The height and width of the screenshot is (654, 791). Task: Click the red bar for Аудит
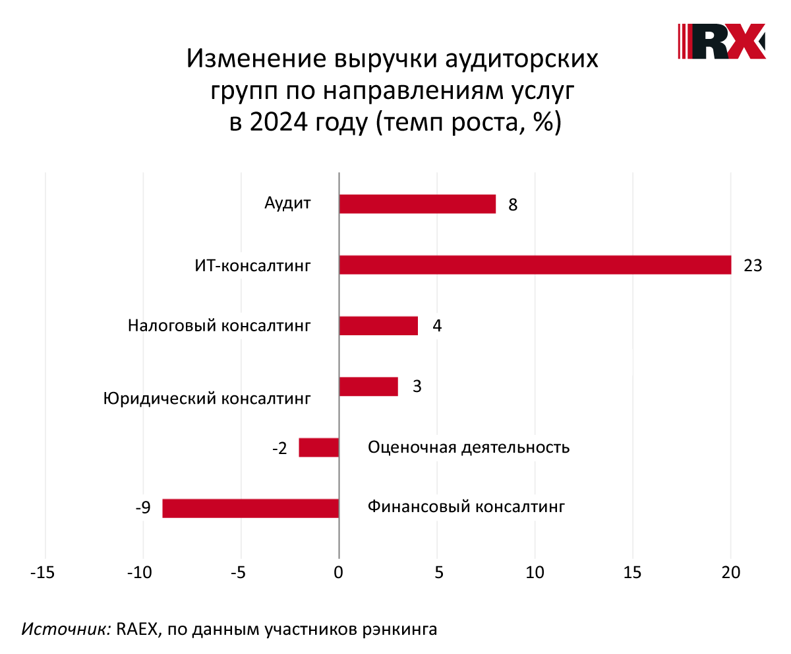(x=417, y=204)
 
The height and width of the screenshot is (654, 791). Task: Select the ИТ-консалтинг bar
(x=535, y=265)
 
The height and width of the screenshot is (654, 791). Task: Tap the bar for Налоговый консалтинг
(x=378, y=325)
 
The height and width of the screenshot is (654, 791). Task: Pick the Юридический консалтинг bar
(x=368, y=386)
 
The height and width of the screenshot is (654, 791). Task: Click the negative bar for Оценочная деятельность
(x=319, y=447)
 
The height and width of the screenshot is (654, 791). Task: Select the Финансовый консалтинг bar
(x=250, y=508)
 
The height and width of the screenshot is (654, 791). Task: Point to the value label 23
(x=752, y=266)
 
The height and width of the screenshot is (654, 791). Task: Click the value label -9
(x=142, y=508)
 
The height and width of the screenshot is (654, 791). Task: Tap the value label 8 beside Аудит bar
(x=512, y=205)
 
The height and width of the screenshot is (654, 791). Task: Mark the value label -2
(x=279, y=449)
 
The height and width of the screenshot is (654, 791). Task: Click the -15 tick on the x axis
(x=44, y=573)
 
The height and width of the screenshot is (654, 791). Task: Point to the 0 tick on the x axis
(x=339, y=573)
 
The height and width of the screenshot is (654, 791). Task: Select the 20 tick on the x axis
(x=730, y=573)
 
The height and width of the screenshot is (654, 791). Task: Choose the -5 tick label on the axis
(x=240, y=573)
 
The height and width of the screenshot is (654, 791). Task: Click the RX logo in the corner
(x=722, y=41)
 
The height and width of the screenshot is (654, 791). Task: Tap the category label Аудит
(x=287, y=203)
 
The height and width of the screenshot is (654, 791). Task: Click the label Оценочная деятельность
(x=469, y=447)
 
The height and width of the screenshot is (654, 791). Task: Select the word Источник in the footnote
(x=66, y=629)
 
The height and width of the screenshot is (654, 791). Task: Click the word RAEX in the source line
(x=138, y=629)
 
